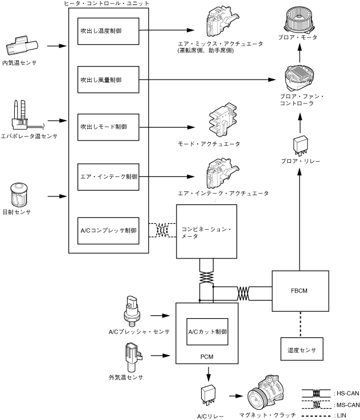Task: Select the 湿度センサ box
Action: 301,349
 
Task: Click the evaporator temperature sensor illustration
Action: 21,117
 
